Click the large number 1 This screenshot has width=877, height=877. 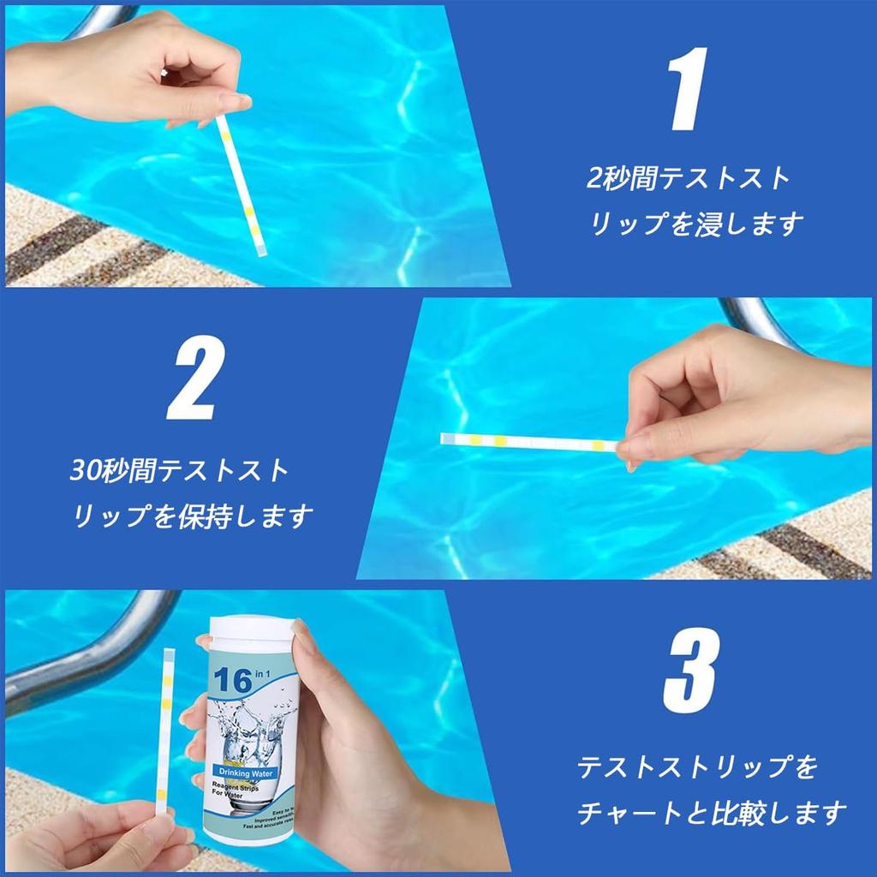(690, 90)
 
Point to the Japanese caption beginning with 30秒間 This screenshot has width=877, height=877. (190, 493)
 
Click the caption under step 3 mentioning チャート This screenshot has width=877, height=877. (711, 789)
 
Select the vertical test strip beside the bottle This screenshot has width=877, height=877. (166, 732)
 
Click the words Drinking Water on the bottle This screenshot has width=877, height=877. (247, 773)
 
